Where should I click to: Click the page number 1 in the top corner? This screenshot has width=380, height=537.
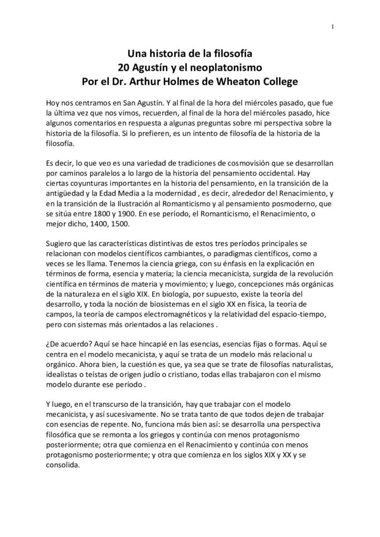pyautogui.click(x=333, y=27)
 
